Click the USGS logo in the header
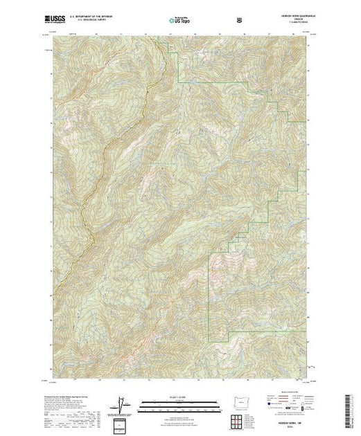55,20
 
